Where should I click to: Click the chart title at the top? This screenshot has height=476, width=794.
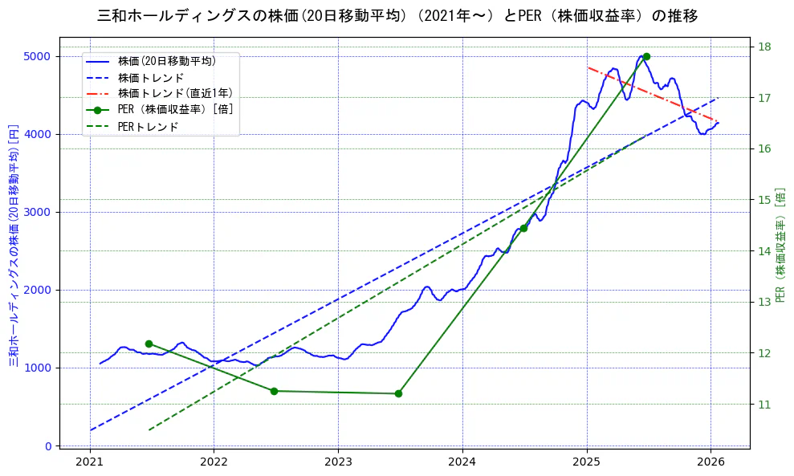[x=397, y=16]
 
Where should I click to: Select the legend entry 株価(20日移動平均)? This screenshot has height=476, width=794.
[x=166, y=61]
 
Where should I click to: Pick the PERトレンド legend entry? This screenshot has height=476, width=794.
[x=148, y=127]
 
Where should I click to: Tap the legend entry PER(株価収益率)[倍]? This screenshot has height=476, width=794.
[x=175, y=110]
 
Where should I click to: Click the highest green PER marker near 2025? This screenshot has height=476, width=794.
[x=646, y=56]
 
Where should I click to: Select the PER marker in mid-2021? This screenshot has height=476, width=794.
[x=149, y=344]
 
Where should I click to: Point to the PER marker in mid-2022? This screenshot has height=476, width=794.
[x=274, y=391]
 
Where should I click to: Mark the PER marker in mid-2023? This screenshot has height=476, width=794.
[x=398, y=393]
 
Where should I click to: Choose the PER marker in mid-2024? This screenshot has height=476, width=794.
[x=523, y=228]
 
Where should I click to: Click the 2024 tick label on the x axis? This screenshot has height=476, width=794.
[x=462, y=462]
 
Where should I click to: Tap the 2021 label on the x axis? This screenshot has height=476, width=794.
[x=90, y=462]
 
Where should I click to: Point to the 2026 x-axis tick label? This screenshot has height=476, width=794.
[x=711, y=462]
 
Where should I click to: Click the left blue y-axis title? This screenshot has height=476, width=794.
[x=13, y=246]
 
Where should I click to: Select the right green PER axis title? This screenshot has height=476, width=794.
[x=780, y=246]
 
